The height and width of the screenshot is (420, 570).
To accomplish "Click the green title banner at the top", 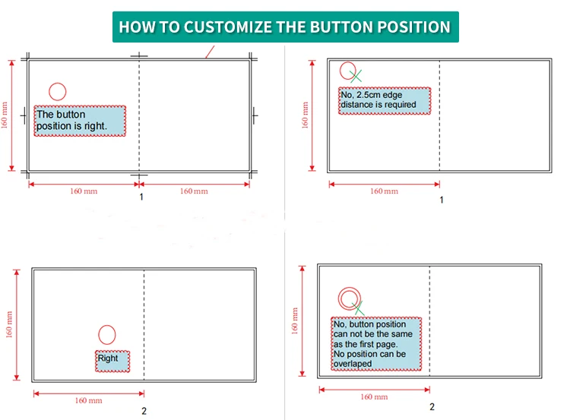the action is [x=285, y=27].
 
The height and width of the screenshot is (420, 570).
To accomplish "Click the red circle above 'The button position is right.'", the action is [x=58, y=91].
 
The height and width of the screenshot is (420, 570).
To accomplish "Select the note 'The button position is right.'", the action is [x=80, y=121].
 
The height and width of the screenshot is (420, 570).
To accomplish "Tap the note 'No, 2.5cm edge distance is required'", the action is [x=385, y=100].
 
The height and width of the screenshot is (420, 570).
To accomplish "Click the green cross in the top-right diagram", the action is [x=356, y=76].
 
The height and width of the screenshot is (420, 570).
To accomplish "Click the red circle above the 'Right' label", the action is [x=107, y=334].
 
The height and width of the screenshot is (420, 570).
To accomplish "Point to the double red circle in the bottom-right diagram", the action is [x=349, y=298].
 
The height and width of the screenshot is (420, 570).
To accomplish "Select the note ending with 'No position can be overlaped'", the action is [x=376, y=344].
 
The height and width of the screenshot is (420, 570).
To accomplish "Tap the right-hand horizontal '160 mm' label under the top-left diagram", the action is [x=193, y=191].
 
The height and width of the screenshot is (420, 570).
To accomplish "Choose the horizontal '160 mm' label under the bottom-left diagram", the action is [x=88, y=400].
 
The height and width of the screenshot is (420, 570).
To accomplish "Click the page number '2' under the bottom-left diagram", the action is [x=144, y=411].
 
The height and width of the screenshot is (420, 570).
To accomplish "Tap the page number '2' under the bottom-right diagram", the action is [x=432, y=407].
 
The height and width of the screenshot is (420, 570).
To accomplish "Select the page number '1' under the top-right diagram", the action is [x=441, y=200].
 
